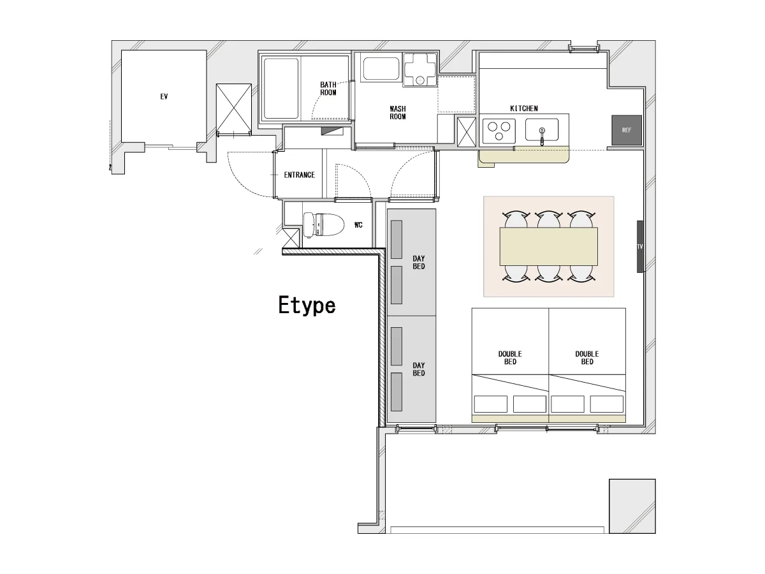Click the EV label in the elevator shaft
pyautogui.click(x=164, y=96)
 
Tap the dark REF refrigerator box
pyautogui.click(x=626, y=130)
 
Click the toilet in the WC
pyautogui.click(x=323, y=224)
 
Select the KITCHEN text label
pyautogui.click(x=524, y=108)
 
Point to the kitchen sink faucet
pyautogui.click(x=542, y=136)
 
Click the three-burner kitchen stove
pyautogui.click(x=499, y=130)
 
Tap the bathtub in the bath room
pyautogui.click(x=281, y=89)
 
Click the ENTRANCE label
pyautogui.click(x=300, y=175)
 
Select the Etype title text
pyautogui.click(x=307, y=305)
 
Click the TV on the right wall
pyautogui.click(x=639, y=246)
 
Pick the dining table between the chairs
pyautogui.click(x=549, y=246)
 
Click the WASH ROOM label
pyautogui.click(x=398, y=113)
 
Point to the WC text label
pyautogui.click(x=358, y=224)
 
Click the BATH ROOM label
pyautogui.click(x=328, y=89)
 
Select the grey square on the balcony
pyautogui.click(x=632, y=506)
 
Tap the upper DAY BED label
pyautogui.click(x=419, y=262)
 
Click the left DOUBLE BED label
pyautogui.click(x=510, y=358)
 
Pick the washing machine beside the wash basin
pyautogui.click(x=419, y=70)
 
